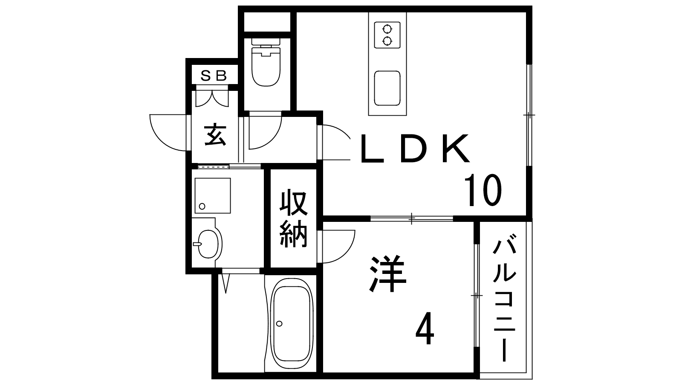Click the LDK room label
415,149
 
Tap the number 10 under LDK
483,190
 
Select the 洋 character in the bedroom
387,273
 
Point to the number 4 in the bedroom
425,328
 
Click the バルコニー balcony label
504,297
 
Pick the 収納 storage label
293,219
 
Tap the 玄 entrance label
215,134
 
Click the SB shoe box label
214,76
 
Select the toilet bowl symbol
266,62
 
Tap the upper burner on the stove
387,29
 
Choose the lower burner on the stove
387,41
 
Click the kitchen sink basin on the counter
387,88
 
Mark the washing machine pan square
213,196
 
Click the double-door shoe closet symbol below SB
212,97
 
